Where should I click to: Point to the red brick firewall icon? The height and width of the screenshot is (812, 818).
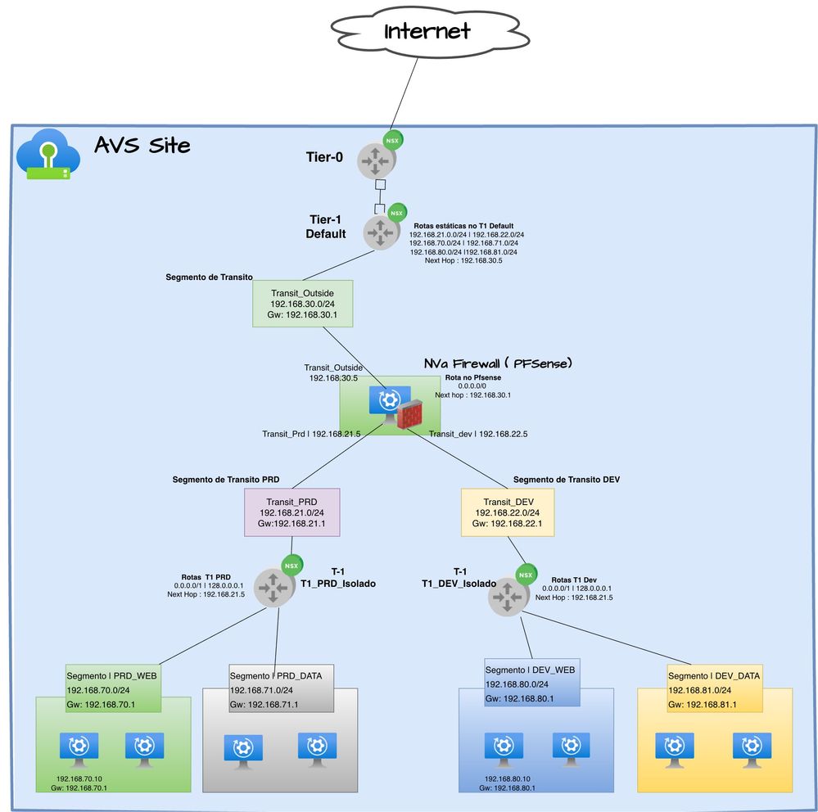coord(409,414)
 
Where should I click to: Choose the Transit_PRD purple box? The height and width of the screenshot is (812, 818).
coord(292,512)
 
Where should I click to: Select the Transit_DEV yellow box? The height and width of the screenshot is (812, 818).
coord(508,512)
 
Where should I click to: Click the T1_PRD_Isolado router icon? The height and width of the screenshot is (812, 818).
coord(274,587)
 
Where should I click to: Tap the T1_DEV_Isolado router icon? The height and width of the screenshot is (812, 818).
coord(508,598)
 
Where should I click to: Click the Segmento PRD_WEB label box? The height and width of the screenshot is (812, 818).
coord(112,688)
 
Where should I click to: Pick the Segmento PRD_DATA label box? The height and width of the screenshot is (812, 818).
coord(280,688)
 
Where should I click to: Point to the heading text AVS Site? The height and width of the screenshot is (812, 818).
coord(142,146)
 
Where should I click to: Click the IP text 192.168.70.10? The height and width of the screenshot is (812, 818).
coord(79,778)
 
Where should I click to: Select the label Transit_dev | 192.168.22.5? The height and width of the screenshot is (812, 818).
coord(478,434)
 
